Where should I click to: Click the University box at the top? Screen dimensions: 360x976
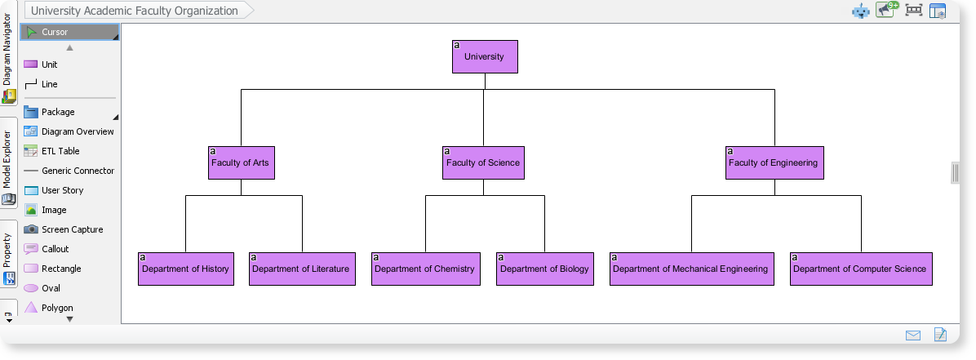tap(485, 57)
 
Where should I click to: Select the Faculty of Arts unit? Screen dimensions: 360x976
tap(240, 163)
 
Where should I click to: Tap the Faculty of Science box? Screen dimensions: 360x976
tap(483, 163)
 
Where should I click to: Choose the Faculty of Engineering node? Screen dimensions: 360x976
tap(774, 163)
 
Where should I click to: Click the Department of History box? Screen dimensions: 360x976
tap(185, 269)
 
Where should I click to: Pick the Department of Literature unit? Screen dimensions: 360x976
tap(301, 269)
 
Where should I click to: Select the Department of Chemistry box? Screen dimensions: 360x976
tap(424, 269)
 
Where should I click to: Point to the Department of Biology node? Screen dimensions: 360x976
tap(544, 269)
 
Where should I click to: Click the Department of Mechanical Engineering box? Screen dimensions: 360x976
tap(690, 269)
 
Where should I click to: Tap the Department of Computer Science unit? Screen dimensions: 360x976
tap(860, 269)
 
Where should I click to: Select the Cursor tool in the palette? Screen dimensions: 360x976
tap(69, 33)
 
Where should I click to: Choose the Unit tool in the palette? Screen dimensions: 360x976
tap(49, 64)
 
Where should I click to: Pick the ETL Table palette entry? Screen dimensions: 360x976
tap(60, 151)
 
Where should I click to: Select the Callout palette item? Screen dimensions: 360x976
tap(55, 249)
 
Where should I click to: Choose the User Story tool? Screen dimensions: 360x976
tap(62, 190)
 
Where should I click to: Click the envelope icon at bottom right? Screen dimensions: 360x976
tap(912, 335)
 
